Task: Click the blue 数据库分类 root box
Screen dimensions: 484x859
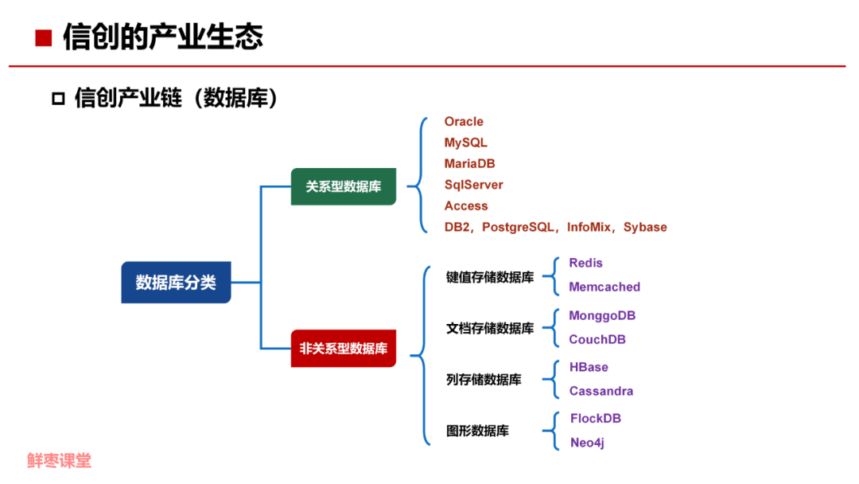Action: point(176,282)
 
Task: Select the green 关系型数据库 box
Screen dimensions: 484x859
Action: point(343,186)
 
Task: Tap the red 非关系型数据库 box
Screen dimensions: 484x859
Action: point(343,348)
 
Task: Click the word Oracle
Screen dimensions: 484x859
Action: point(464,122)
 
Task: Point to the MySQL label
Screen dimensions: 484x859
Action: point(465,142)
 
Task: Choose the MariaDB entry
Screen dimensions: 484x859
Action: point(469,163)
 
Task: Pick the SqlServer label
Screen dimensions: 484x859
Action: point(473,185)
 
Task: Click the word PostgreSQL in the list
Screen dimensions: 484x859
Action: point(517,227)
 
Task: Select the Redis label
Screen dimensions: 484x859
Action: point(585,263)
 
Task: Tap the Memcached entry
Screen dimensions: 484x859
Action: point(604,287)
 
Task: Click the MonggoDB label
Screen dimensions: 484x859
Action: point(602,315)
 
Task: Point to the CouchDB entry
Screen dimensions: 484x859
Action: point(597,339)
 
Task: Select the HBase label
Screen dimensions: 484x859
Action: point(589,367)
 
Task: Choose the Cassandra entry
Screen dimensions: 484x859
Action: point(601,391)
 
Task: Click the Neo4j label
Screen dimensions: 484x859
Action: point(587,443)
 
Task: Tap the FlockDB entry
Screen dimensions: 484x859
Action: point(596,418)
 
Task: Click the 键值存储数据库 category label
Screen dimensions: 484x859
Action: point(489,277)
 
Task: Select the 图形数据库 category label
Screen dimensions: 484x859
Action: point(477,431)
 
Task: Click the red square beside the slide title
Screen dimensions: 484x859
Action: point(43,37)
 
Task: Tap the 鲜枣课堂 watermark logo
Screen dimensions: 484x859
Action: point(59,460)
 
